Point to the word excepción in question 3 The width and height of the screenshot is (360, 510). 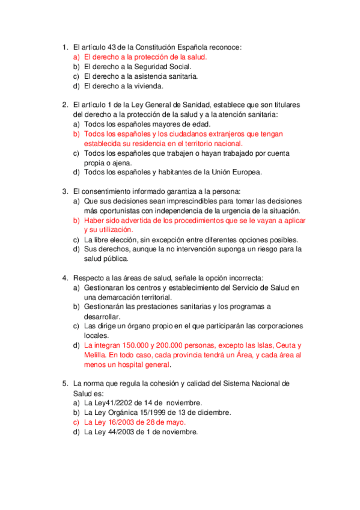(167, 239)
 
